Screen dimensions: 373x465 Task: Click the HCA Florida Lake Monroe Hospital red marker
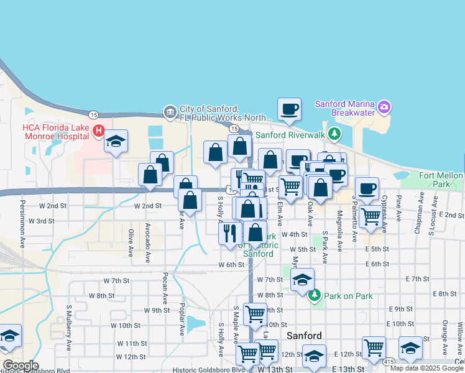coord(98,131)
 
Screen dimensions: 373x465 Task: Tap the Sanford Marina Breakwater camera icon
coord(384,107)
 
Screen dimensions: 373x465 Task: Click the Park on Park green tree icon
coord(316,295)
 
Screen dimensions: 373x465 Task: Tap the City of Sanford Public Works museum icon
coord(170,112)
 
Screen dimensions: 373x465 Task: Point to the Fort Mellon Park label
coord(441,180)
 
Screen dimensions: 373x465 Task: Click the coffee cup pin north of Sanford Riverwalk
coord(289,109)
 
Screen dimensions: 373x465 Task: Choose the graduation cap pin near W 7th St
coord(302,279)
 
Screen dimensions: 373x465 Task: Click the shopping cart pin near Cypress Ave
coord(371,216)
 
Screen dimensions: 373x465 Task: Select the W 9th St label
coord(157,310)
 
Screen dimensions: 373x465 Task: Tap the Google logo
coord(21,366)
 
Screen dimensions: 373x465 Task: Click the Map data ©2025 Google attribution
coord(426,368)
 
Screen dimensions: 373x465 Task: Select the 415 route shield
coord(389,361)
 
